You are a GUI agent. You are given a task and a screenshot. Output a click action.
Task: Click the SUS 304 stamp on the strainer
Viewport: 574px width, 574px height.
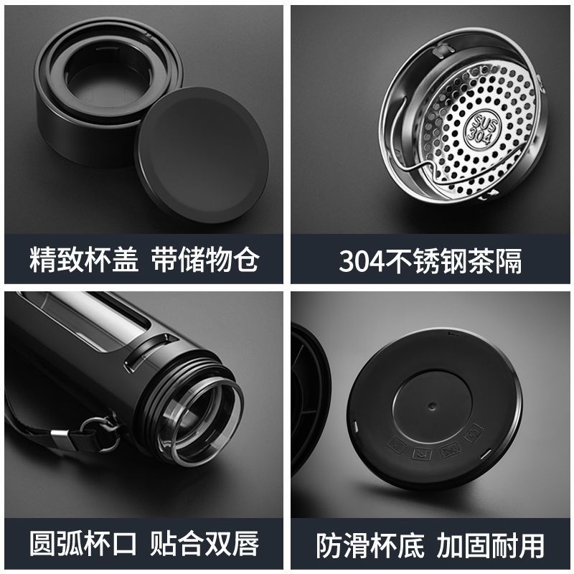[481, 130]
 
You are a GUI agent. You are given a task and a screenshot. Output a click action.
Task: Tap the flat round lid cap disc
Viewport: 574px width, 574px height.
[202, 155]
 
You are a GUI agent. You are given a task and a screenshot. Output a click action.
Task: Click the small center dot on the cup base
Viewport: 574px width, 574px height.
[433, 406]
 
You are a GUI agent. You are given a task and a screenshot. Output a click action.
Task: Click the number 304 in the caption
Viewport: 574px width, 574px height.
[362, 261]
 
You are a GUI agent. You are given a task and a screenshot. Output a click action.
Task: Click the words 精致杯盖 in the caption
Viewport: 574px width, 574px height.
[84, 259]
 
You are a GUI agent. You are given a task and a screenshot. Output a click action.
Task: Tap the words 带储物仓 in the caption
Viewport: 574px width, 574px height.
[205, 259]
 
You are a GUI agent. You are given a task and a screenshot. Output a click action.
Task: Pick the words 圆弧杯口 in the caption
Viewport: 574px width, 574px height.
[83, 543]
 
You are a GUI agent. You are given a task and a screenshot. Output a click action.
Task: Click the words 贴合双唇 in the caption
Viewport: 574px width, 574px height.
[204, 543]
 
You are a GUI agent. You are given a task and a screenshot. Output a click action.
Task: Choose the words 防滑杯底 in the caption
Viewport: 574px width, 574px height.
[370, 545]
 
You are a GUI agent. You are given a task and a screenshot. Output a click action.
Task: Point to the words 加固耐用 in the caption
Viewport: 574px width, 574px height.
[491, 545]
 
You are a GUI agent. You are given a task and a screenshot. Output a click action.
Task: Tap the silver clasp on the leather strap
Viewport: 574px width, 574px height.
[60, 437]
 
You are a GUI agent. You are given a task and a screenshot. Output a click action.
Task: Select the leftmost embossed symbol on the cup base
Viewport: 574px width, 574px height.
[397, 446]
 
